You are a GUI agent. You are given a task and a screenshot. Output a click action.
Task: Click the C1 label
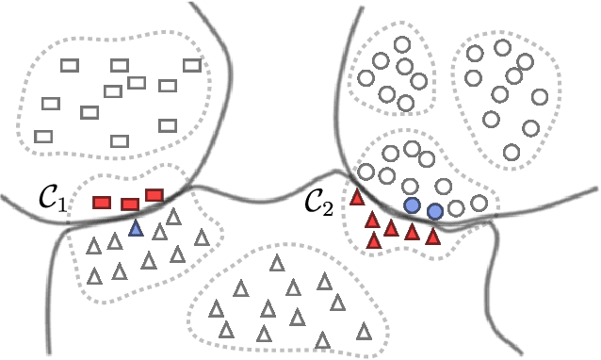(x=52, y=200)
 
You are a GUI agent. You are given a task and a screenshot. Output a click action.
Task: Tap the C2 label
(x=318, y=203)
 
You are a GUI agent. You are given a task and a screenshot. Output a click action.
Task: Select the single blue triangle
(x=137, y=227)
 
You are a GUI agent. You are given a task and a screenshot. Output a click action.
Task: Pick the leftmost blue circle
(x=412, y=205)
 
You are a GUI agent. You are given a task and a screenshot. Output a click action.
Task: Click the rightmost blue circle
(x=434, y=212)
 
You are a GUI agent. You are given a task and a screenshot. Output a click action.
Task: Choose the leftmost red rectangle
(x=102, y=202)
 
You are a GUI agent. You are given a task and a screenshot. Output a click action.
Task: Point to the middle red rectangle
(x=130, y=204)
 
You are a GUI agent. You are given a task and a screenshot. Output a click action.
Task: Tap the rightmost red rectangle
(x=154, y=195)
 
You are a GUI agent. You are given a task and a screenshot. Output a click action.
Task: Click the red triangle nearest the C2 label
(x=357, y=198)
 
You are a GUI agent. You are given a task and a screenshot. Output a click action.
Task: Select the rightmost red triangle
(x=433, y=237)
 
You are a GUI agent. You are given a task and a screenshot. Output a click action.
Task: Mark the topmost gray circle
(x=402, y=44)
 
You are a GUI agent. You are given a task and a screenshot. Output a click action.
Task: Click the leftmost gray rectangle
(x=42, y=137)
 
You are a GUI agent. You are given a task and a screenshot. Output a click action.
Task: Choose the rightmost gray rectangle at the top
(x=192, y=65)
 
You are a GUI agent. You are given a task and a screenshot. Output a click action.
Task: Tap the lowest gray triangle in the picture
(x=324, y=339)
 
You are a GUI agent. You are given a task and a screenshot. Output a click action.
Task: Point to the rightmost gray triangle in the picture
(x=364, y=329)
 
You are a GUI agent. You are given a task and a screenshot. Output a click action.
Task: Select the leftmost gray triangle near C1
(x=93, y=247)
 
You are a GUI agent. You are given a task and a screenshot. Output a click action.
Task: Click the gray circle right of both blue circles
(x=457, y=207)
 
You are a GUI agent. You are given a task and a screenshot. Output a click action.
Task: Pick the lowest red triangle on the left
(x=374, y=240)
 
